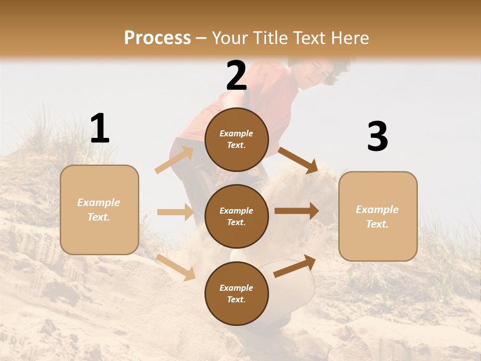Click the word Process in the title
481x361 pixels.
pos(157,38)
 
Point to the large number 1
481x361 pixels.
pos(100,129)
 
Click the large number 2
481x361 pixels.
pos(236,76)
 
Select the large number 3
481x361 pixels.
pos(377,137)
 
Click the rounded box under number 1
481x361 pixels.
pos(99,210)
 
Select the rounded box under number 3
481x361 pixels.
pos(378,217)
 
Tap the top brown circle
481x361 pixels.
pos(236,139)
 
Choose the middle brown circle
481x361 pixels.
pos(236,216)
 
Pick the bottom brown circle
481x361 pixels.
pos(236,293)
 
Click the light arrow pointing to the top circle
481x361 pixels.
pos(174,160)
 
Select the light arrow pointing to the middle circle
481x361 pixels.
pos(175,212)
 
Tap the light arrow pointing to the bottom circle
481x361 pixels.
pos(176,267)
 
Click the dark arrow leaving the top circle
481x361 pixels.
pos(298,160)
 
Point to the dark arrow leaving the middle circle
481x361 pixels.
pos(297,211)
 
